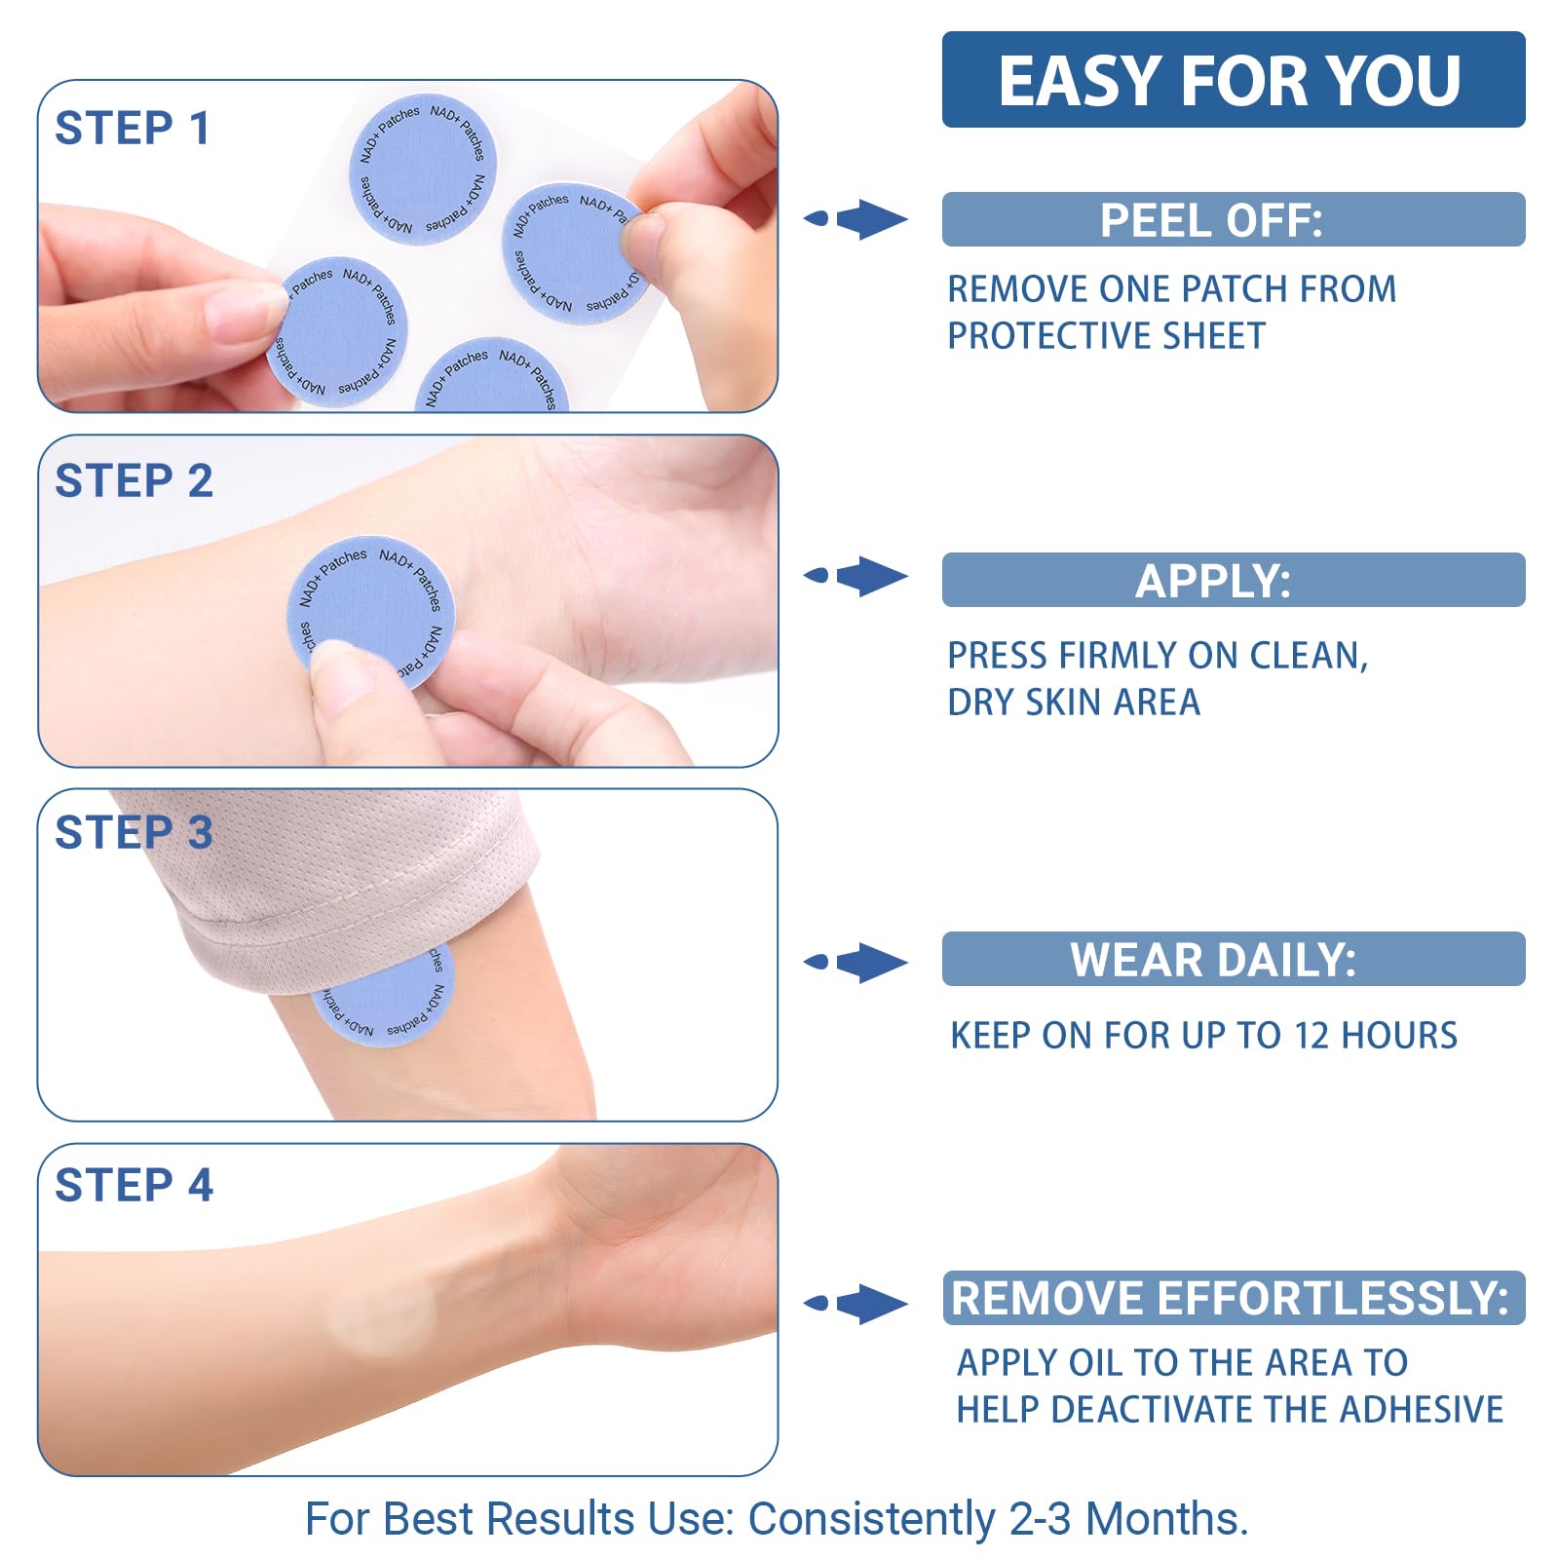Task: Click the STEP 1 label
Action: tap(133, 129)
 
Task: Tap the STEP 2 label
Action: tap(133, 481)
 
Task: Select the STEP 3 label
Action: tap(133, 833)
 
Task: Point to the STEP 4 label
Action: tap(133, 1186)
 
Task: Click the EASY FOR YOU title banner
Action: tap(1233, 80)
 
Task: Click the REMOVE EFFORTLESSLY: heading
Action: tap(1233, 1299)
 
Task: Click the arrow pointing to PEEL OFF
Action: tap(857, 219)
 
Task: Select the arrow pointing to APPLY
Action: tap(857, 576)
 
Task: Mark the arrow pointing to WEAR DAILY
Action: tap(857, 963)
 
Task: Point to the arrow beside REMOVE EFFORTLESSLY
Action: tap(857, 1304)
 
